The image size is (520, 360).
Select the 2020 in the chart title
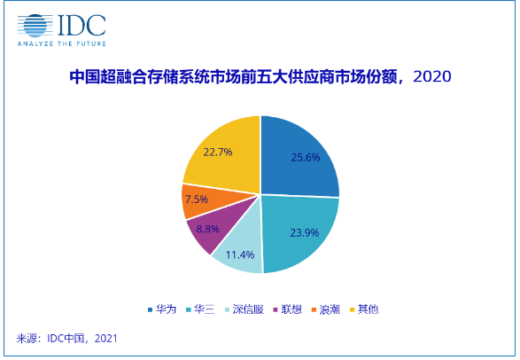[x=432, y=77]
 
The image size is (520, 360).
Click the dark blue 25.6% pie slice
[x=301, y=160]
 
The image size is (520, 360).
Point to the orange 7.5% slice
[x=196, y=200]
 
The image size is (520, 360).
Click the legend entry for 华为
[x=162, y=309]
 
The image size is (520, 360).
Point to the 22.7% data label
[x=217, y=152]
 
